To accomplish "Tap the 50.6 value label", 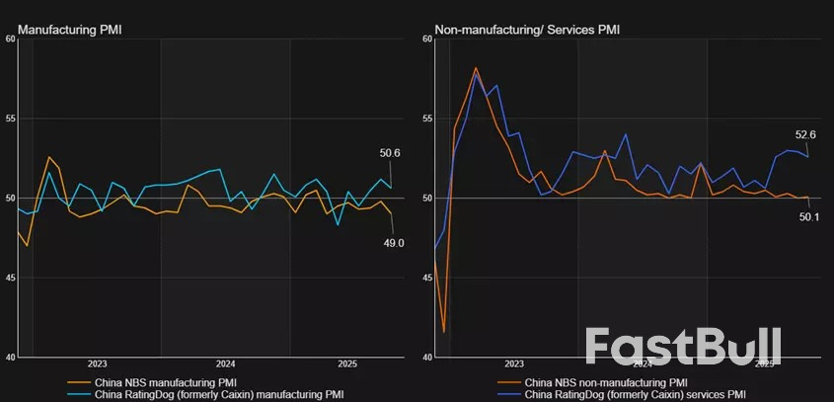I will click(x=390, y=153).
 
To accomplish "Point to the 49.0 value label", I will click(x=394, y=243).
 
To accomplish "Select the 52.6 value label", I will click(x=805, y=134).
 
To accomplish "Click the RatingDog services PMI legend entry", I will click(x=636, y=394).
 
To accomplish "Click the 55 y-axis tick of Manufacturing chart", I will click(x=10, y=119).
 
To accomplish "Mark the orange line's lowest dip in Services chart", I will click(x=444, y=332).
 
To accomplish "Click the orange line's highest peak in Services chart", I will click(x=476, y=68).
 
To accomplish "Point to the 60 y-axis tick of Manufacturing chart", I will click(x=10, y=40).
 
